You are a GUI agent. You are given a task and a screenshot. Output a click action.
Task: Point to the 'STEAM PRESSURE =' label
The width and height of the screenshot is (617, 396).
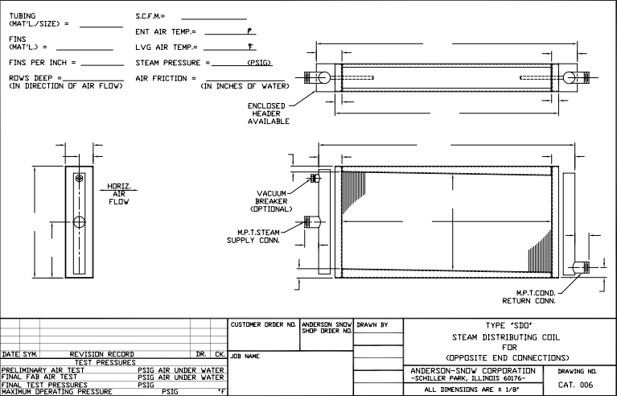pyautogui.click(x=172, y=62)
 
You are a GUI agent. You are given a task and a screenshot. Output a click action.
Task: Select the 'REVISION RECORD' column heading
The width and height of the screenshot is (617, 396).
pyautogui.click(x=107, y=354)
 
